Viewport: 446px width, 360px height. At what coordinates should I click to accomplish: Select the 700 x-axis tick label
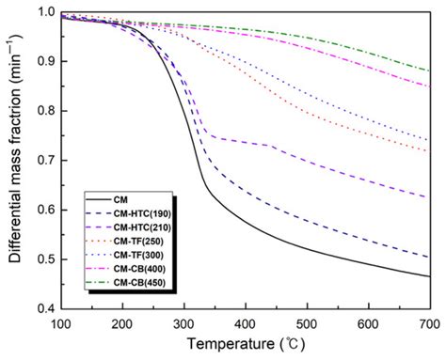coord(429,323)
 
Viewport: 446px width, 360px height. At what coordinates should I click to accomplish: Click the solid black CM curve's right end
coord(429,276)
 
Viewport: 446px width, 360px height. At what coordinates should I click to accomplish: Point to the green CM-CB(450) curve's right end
coord(429,71)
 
